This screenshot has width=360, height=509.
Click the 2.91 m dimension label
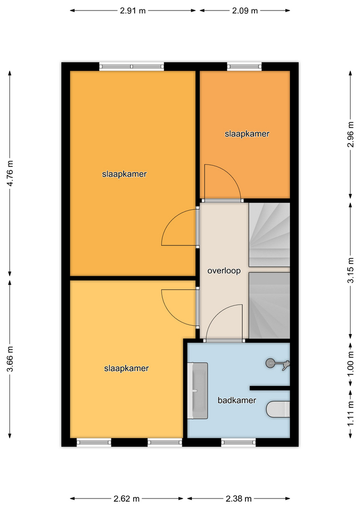(133, 11)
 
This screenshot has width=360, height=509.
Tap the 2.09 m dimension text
(245, 11)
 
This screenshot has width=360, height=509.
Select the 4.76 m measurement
(11, 173)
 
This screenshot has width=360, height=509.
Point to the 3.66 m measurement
(11, 359)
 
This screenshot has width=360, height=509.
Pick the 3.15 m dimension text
(350, 270)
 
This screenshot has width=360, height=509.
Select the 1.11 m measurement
(350, 414)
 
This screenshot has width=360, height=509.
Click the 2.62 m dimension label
(127, 498)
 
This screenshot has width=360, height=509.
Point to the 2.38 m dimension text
(239, 498)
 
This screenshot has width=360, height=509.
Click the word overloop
(224, 271)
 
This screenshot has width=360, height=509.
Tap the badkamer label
(237, 400)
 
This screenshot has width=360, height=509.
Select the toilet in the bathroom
(278, 409)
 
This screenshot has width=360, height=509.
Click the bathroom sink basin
(197, 391)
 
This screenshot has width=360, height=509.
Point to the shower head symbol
(277, 364)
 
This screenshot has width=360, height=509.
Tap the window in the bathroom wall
(238, 442)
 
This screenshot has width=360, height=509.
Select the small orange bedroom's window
(244, 67)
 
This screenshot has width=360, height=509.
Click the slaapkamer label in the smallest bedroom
(247, 134)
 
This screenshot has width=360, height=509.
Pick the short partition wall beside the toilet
(269, 388)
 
